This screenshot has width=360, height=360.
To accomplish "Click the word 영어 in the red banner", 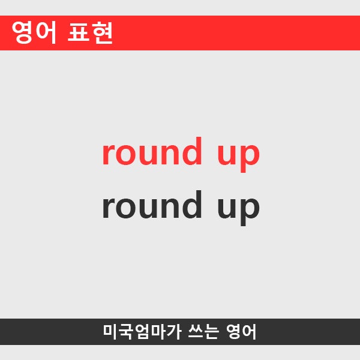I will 34,34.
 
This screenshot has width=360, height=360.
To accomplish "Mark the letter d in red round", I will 191,152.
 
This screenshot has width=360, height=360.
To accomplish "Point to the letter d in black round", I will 191,205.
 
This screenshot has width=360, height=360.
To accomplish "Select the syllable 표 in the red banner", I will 79,34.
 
